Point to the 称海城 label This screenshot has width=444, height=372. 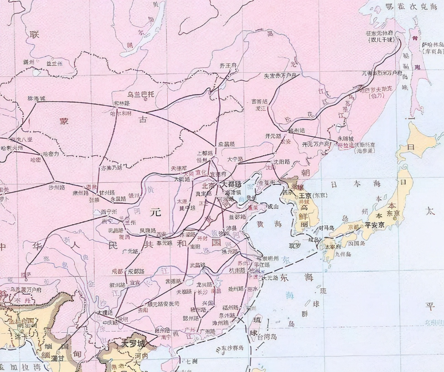(36, 98)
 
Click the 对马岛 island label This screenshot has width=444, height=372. (326, 228)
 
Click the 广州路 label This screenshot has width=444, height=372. (207, 331)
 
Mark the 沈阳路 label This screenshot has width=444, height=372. (281, 161)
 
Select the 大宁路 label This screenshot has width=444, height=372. (235, 159)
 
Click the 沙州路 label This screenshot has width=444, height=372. (57, 187)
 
